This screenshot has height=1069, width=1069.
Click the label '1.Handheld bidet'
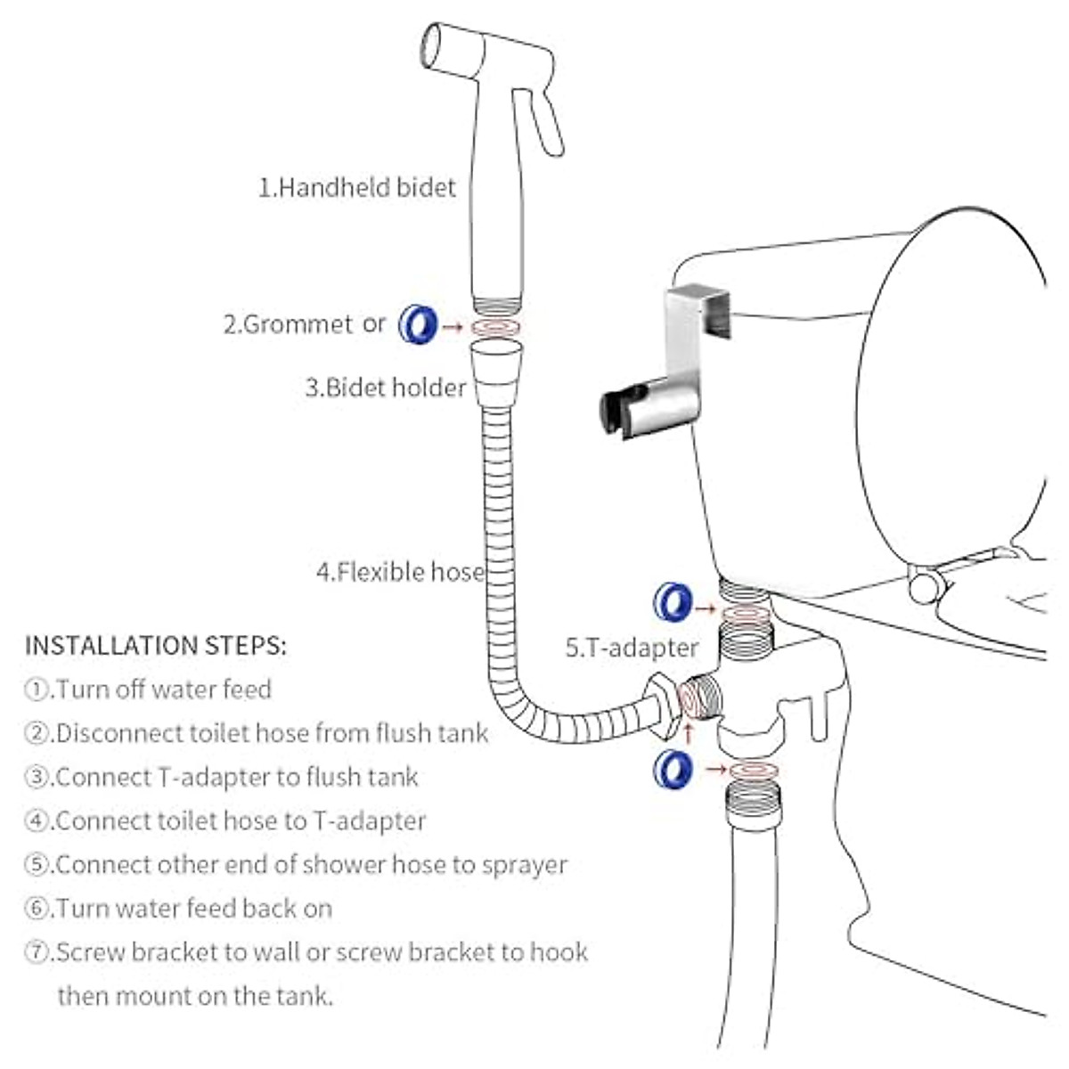point(356,187)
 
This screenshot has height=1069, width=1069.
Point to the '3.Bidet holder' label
point(386,388)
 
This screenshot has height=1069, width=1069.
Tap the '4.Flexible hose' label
point(400,571)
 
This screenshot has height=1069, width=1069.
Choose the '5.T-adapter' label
point(632,648)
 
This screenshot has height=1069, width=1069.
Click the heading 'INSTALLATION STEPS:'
point(156,645)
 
